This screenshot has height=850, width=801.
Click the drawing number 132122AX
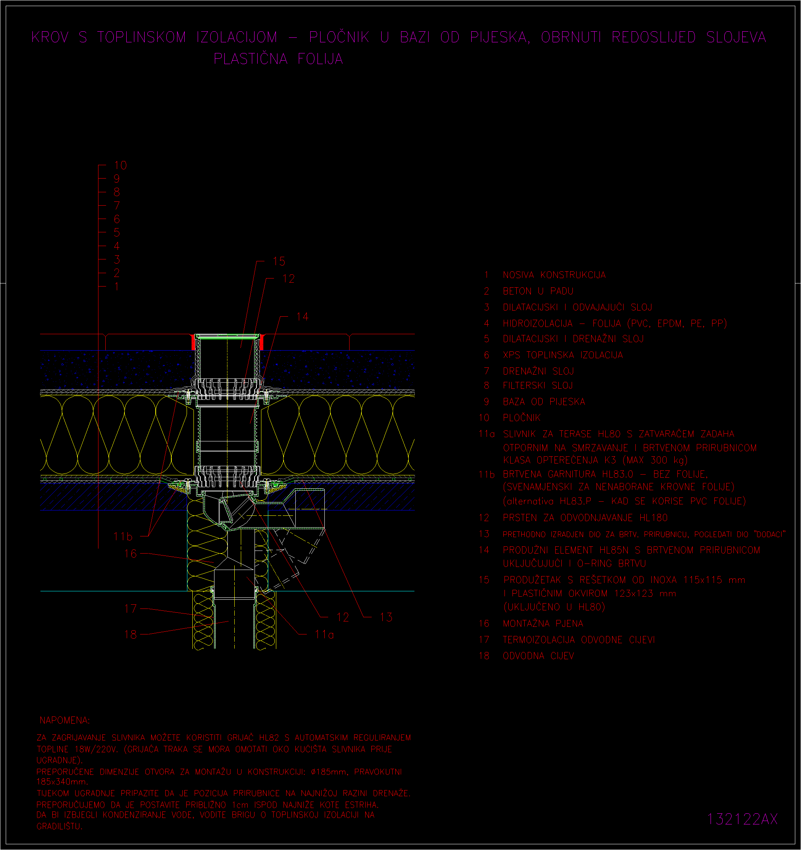click(742, 819)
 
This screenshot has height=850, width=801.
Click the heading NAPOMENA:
click(64, 720)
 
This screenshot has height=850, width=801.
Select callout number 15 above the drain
click(279, 261)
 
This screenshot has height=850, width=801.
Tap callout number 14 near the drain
click(302, 316)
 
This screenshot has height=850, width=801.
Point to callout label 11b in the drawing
click(123, 536)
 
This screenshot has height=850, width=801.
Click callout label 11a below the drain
click(324, 634)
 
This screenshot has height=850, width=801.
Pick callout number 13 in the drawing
click(386, 617)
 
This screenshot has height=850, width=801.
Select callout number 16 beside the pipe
click(131, 554)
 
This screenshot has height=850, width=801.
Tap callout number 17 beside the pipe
click(131, 609)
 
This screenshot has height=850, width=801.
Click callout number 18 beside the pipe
click(131, 634)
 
